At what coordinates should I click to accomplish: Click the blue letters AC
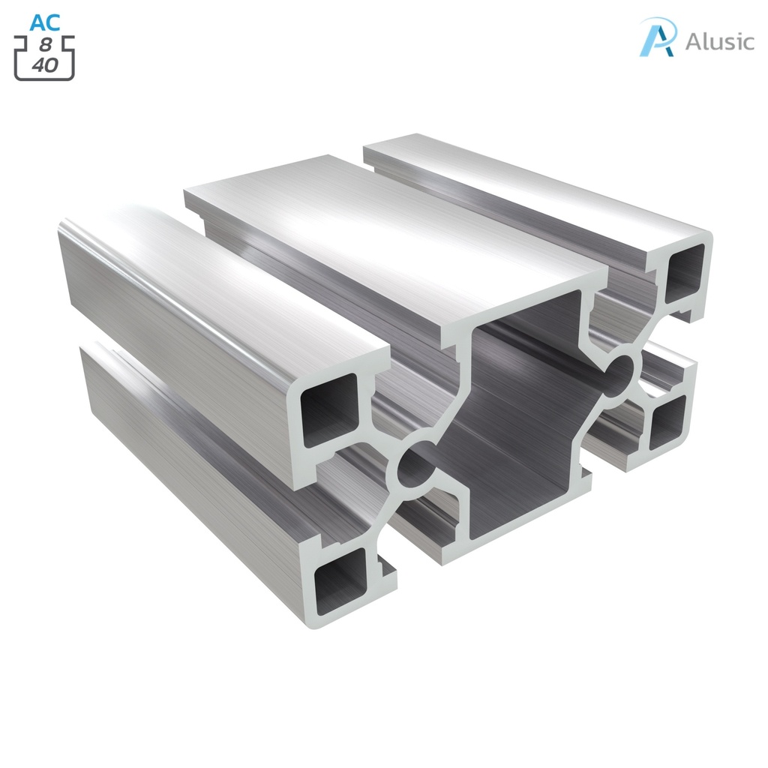pos(45,22)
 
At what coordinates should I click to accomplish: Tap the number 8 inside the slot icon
pos(46,46)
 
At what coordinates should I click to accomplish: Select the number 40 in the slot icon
pos(45,65)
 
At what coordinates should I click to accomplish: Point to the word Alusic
pos(719,41)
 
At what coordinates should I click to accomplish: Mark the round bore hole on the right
pos(619,373)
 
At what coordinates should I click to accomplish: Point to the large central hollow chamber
pos(517,420)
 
